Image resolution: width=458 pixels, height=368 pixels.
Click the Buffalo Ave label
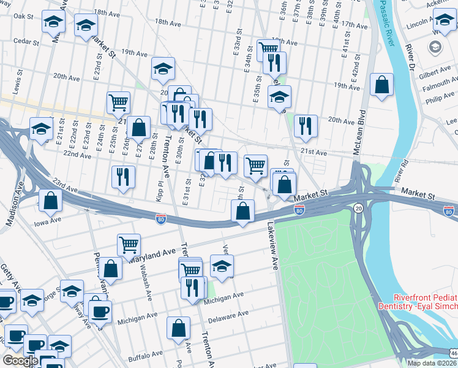point(145,355)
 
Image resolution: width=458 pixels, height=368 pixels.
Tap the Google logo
point(20,361)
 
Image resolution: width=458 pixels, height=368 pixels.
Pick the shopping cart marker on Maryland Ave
point(129,244)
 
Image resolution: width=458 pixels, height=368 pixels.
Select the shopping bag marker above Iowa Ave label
point(50,199)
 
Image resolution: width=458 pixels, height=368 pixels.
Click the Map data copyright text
point(432,363)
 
